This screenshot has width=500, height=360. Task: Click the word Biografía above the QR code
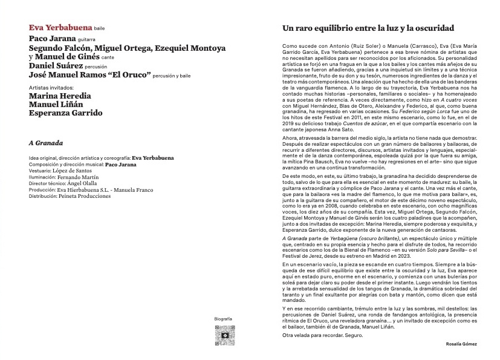(223, 318)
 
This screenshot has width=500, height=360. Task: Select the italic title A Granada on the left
(47, 143)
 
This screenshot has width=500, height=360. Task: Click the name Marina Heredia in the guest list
(60, 95)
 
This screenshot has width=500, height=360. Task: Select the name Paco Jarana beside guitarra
(51, 38)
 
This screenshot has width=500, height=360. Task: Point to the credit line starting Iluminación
(63, 177)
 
